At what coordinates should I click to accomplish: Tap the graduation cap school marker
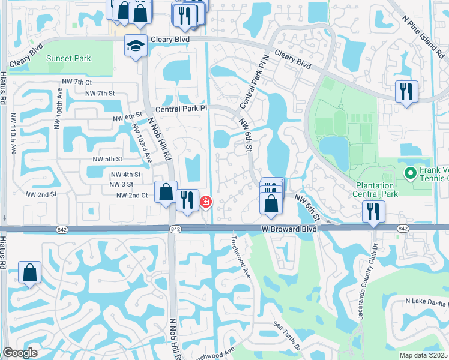coord(136,45)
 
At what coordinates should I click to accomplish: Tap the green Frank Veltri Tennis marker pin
coord(411,173)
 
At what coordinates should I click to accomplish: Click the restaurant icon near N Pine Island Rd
coord(406,92)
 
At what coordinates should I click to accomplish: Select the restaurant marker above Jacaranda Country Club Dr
coord(373,211)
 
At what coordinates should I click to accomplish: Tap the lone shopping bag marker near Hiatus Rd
coord(29,273)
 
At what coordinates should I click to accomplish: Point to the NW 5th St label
coord(107,159)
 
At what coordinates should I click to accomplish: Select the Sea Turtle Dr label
coord(286,334)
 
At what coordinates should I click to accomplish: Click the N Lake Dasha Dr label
coord(426,302)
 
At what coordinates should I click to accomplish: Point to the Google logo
coord(20,353)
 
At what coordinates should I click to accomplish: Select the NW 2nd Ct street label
coord(131,196)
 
